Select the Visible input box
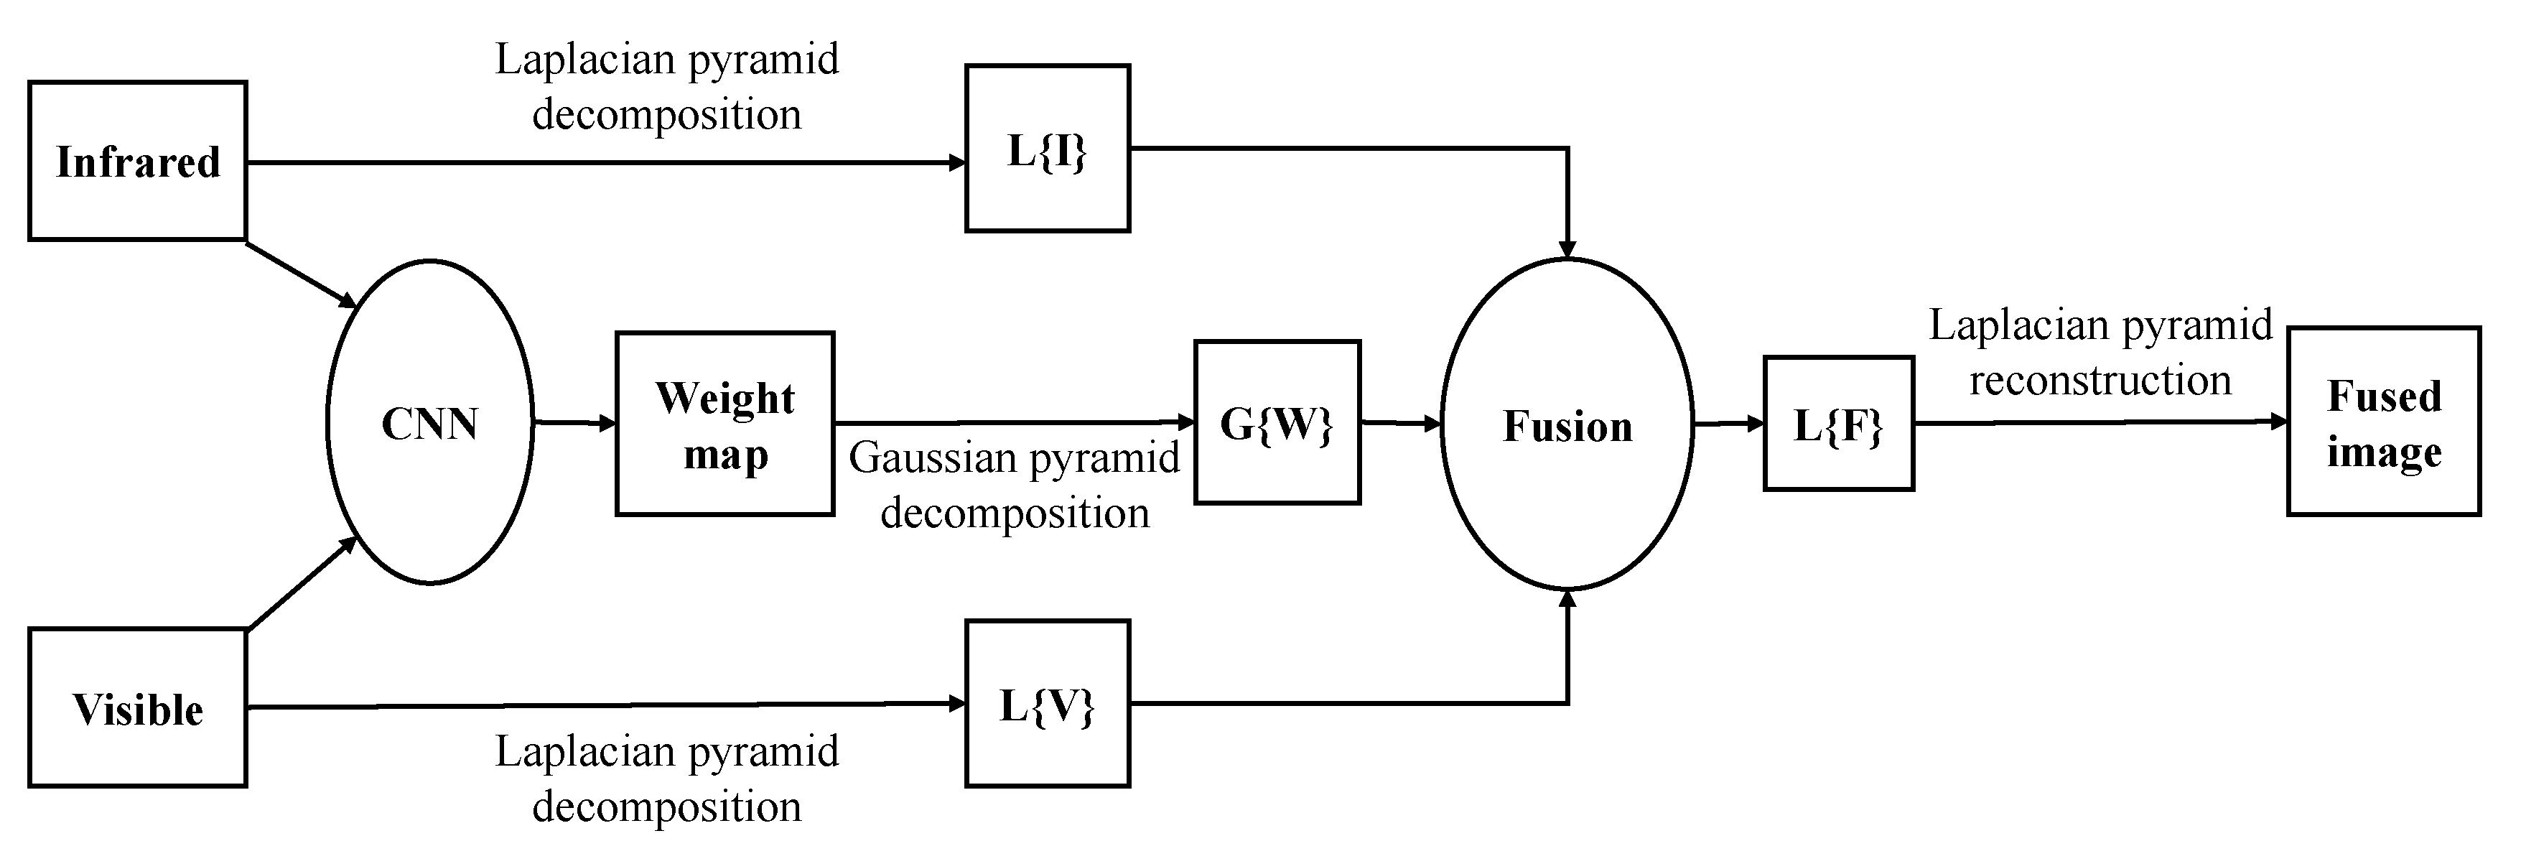(137, 707)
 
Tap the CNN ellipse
(429, 423)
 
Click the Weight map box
(724, 424)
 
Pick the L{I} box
(1047, 149)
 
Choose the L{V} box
(1047, 704)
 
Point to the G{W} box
(1277, 423)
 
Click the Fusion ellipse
(1567, 424)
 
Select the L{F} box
(1838, 424)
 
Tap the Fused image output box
(2383, 422)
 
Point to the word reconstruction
(2100, 381)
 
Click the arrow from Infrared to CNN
(302, 274)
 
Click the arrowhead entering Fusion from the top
(1567, 248)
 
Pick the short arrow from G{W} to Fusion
(1399, 424)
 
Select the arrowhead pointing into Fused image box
(2278, 422)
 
